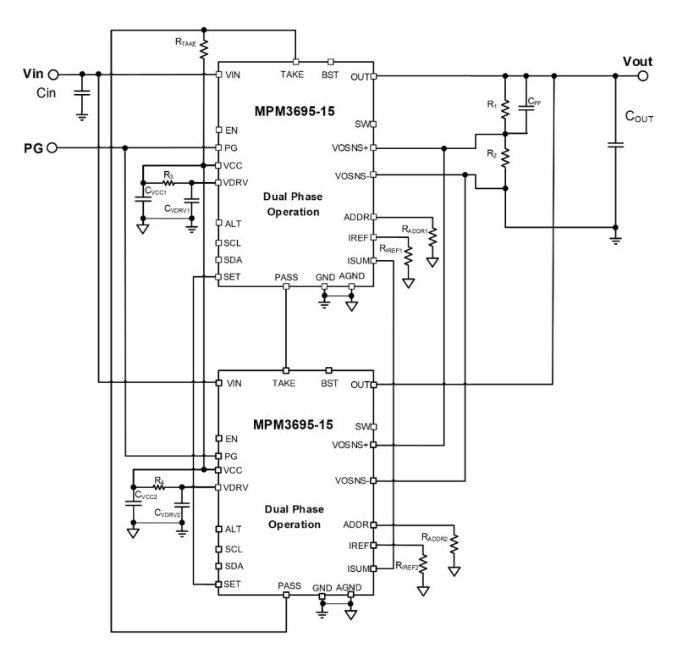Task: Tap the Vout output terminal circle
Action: (x=644, y=75)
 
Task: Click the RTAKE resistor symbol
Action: (x=203, y=50)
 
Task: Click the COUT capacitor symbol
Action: (x=615, y=145)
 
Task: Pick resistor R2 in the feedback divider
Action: (x=505, y=157)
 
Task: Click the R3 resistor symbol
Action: (x=168, y=181)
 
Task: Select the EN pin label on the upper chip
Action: (x=231, y=130)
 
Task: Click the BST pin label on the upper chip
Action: (x=330, y=75)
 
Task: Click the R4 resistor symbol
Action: (x=158, y=487)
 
